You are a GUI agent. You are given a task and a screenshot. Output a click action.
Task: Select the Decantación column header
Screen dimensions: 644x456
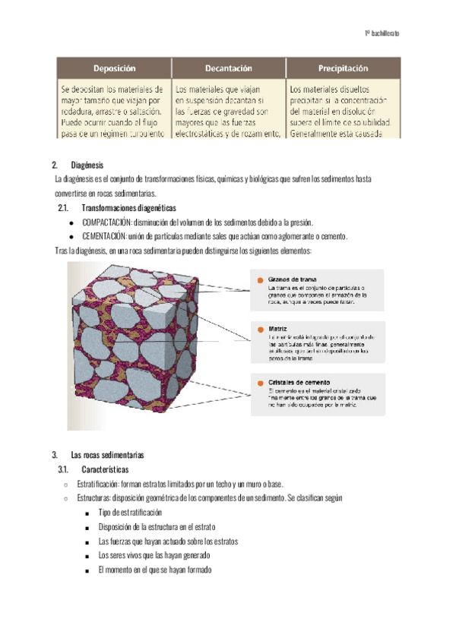[x=228, y=68]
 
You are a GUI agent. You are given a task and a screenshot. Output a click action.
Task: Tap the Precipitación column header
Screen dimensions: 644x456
[x=343, y=68]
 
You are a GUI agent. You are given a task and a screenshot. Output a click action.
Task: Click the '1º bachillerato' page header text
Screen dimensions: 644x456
[x=382, y=34]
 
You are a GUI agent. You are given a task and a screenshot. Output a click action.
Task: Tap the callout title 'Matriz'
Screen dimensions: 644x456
[x=277, y=329]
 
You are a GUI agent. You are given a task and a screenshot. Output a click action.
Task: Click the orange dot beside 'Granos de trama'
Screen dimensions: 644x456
[x=261, y=281]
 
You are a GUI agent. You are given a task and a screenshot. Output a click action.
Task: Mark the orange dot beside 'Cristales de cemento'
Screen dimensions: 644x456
[x=261, y=382]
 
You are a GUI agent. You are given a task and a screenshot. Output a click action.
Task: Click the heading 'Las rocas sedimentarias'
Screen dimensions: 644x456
[x=106, y=455]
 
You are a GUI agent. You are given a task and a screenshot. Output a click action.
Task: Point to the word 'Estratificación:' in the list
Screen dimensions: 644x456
[x=98, y=484]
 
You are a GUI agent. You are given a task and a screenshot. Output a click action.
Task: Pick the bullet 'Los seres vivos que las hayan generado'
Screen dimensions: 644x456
[x=157, y=556]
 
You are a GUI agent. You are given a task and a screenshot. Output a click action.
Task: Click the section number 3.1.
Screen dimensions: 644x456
[x=64, y=469]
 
